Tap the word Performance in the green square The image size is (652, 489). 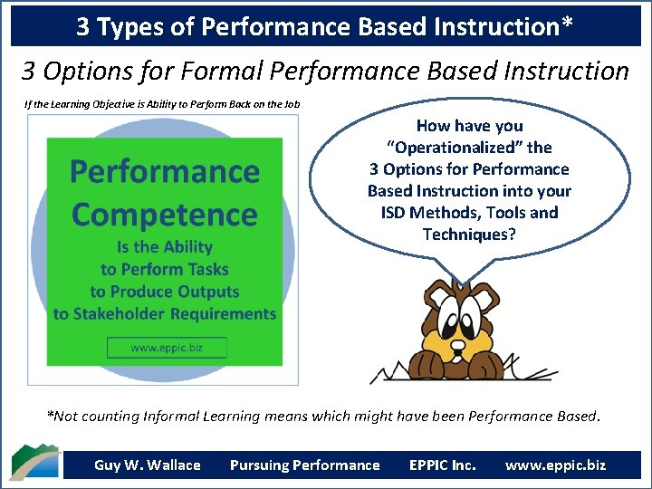pyautogui.click(x=164, y=171)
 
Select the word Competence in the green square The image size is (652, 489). pyautogui.click(x=164, y=216)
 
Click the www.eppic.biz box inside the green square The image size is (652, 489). pyautogui.click(x=166, y=348)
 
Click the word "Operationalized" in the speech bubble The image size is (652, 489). pyautogui.click(x=469, y=148)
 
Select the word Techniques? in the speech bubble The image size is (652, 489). pyautogui.click(x=469, y=235)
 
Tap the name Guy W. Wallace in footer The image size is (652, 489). pyautogui.click(x=148, y=465)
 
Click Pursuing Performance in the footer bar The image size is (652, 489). pyautogui.click(x=304, y=465)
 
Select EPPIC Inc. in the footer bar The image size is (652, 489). pyautogui.click(x=442, y=465)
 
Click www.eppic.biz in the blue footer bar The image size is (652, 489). pyautogui.click(x=555, y=465)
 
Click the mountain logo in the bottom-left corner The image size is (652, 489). pyautogui.click(x=34, y=462)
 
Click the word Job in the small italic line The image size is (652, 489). pyautogui.click(x=291, y=104)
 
